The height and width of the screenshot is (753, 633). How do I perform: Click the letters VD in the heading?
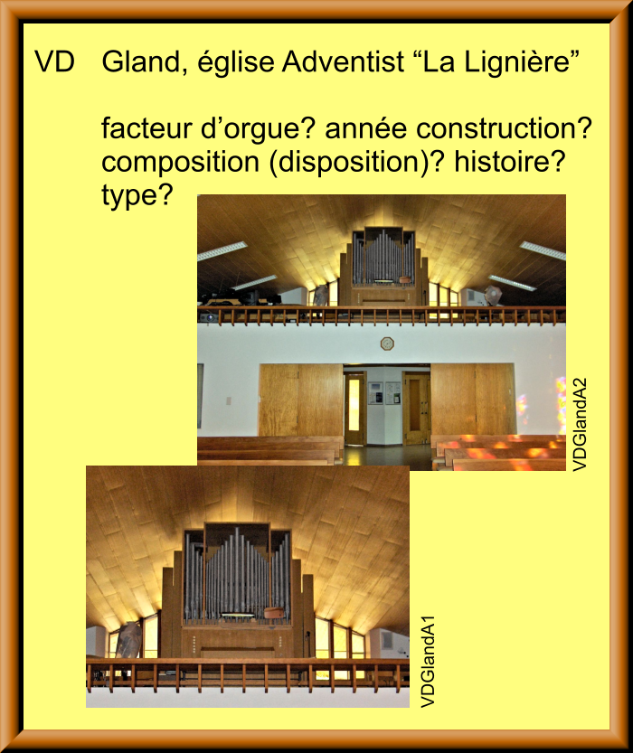pyautogui.click(x=55, y=61)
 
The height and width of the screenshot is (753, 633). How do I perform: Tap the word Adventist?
pyautogui.click(x=343, y=61)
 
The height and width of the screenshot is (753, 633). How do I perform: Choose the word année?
pyautogui.click(x=367, y=128)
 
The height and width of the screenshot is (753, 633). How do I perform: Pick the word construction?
pyautogui.click(x=505, y=128)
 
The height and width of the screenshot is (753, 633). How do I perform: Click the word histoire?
pyautogui.click(x=508, y=161)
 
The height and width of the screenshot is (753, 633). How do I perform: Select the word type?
pyautogui.click(x=137, y=196)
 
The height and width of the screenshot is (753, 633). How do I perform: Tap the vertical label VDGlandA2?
pyautogui.click(x=581, y=425)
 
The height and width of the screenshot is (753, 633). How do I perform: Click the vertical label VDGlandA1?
pyautogui.click(x=428, y=662)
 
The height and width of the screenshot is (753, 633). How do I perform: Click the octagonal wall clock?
pyautogui.click(x=387, y=344)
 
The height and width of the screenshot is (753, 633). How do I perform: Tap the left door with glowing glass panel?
pyautogui.click(x=354, y=409)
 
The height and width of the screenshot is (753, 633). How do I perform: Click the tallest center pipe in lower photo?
pyautogui.click(x=236, y=570)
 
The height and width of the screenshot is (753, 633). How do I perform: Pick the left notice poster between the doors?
pyautogui.click(x=375, y=393)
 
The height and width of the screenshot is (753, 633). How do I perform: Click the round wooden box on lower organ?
pyautogui.click(x=275, y=613)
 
